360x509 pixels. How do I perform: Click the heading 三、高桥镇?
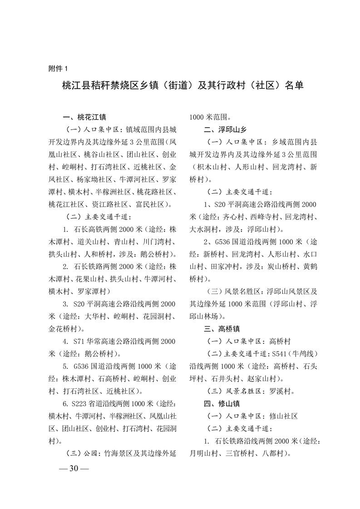[221, 328]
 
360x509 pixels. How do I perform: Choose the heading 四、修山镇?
[221, 403]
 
